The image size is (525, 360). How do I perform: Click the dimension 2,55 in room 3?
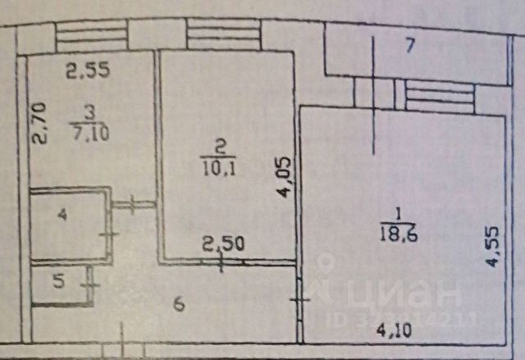tap(88, 71)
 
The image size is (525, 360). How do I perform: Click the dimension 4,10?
tap(395, 333)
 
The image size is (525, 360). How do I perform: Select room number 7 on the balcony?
tap(410, 46)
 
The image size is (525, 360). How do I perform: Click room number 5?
tap(57, 282)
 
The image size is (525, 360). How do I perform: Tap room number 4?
tap(61, 216)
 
